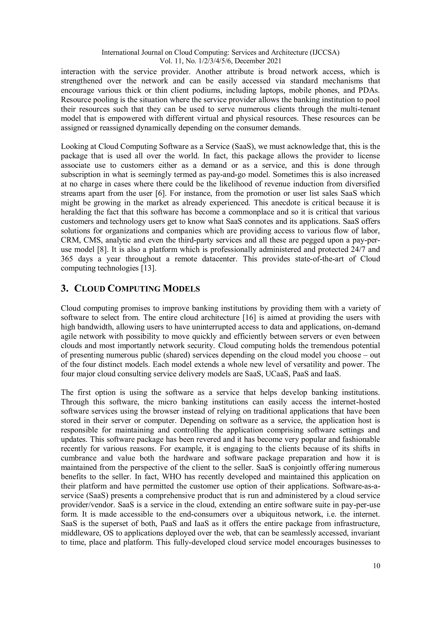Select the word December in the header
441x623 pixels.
(x=248, y=61)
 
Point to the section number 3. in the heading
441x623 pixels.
(x=64, y=288)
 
